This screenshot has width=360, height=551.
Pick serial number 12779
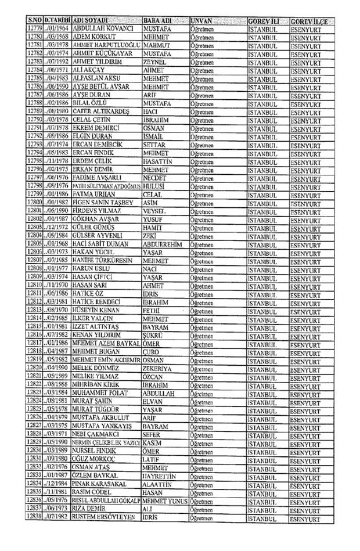[35, 28]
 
